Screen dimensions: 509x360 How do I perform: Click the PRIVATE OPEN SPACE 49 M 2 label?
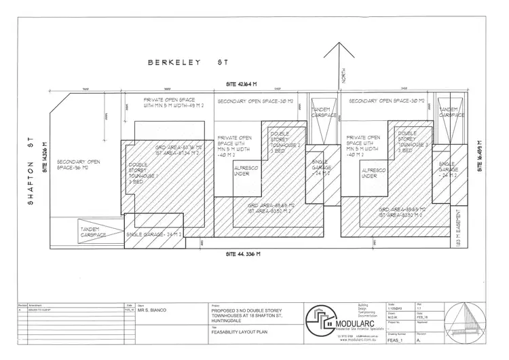tap(168, 103)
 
